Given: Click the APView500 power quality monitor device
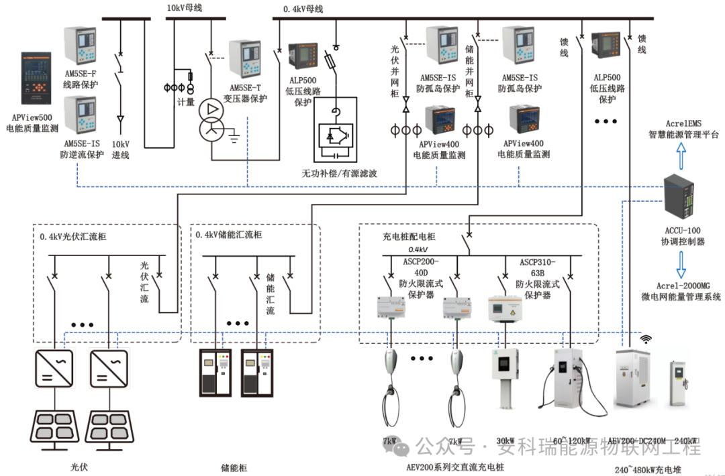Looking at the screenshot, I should click(x=36, y=78).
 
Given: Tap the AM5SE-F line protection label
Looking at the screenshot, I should click(x=81, y=79).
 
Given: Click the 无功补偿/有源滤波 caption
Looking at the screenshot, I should click(x=339, y=173).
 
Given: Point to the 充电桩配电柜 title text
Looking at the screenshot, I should click(x=409, y=237).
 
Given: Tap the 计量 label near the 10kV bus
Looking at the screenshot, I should click(x=185, y=102).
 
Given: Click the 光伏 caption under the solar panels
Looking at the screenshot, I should click(x=79, y=466).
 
